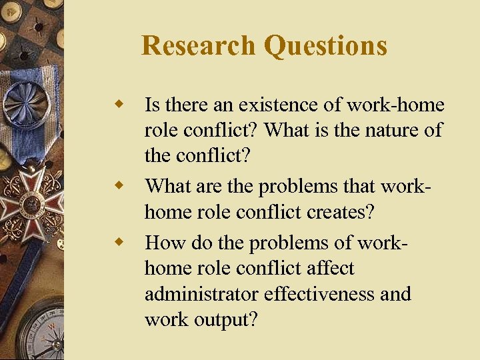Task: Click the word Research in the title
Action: tap(198, 46)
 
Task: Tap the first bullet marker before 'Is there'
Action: tap(120, 104)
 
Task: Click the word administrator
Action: tap(201, 293)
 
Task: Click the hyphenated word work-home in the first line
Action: tap(397, 105)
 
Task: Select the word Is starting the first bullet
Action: tap(152, 105)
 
